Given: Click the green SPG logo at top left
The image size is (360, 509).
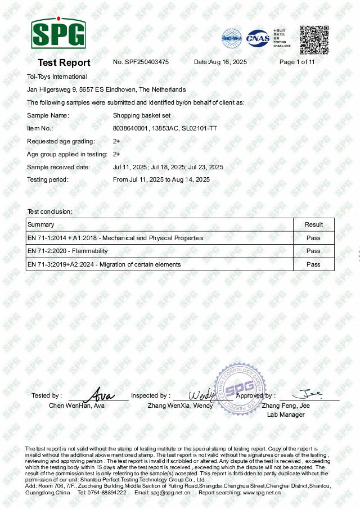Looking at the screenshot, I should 58,33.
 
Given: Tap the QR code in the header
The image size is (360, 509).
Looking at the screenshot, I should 313,40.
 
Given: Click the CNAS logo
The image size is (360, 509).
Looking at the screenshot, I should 258,38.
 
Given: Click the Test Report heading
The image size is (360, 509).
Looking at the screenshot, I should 64,62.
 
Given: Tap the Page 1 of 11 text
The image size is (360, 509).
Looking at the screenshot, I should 297,62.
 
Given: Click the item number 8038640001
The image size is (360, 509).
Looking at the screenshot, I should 130,129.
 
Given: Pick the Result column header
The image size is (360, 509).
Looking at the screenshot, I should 314,224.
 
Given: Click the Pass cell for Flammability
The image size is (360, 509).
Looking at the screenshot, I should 313,251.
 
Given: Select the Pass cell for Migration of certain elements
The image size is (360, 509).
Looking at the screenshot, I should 313,264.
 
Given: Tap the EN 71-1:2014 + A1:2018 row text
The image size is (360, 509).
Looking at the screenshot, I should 115,238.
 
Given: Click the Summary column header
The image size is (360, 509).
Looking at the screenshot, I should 41,224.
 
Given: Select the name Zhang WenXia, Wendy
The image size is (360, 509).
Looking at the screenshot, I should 181,406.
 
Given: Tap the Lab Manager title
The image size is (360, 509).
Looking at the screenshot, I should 286,415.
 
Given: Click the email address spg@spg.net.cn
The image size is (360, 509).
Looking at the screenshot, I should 170,493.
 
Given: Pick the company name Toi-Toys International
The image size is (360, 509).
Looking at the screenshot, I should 57,76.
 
